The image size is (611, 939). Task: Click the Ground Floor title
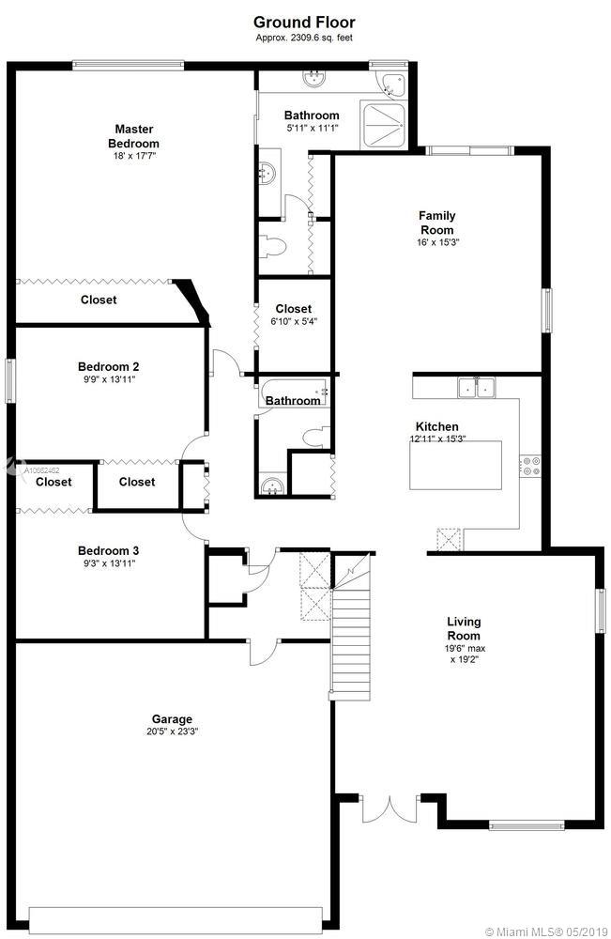(x=304, y=23)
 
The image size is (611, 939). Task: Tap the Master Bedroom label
(x=133, y=136)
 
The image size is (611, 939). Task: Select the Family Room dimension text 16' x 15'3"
(x=437, y=242)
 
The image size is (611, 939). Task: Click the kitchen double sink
(x=477, y=388)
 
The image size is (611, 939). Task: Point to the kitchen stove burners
(x=531, y=466)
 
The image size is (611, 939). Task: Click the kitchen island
(x=456, y=465)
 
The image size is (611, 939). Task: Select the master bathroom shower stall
(x=384, y=126)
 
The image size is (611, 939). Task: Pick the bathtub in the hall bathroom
(x=294, y=393)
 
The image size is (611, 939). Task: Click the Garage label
(x=172, y=719)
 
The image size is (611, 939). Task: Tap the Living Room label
(x=464, y=629)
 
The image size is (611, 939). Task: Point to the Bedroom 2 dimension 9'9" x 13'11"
(x=110, y=379)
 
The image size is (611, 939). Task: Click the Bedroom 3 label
(x=108, y=550)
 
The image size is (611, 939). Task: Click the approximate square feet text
(x=304, y=38)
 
